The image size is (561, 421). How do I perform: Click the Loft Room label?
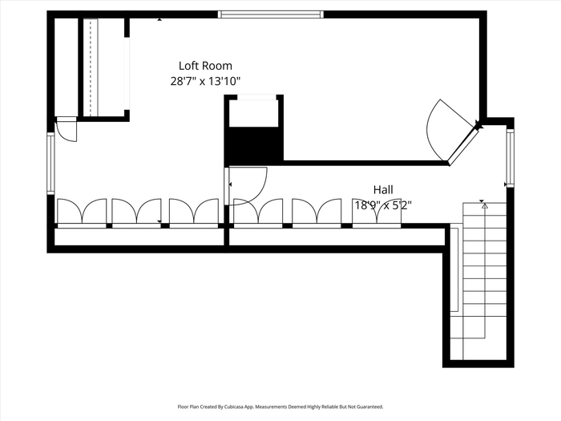click(205, 66)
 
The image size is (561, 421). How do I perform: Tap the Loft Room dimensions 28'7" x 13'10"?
click(205, 81)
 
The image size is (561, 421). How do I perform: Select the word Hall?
click(383, 190)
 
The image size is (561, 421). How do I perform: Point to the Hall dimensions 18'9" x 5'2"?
click(383, 205)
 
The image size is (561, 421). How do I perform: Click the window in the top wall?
click(271, 14)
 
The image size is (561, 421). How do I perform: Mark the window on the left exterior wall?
click(50, 164)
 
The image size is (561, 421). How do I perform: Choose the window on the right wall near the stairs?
click(511, 158)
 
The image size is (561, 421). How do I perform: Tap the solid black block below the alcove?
click(254, 144)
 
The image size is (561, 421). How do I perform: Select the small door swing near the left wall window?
click(67, 130)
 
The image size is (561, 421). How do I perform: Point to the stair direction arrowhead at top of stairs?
click(485, 206)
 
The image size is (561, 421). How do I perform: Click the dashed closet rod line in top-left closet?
click(91, 67)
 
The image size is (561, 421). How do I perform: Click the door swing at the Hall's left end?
click(246, 186)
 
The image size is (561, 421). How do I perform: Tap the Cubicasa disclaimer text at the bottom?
click(280, 407)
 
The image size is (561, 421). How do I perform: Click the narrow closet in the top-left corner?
click(67, 67)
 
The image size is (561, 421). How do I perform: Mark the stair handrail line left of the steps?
click(457, 269)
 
